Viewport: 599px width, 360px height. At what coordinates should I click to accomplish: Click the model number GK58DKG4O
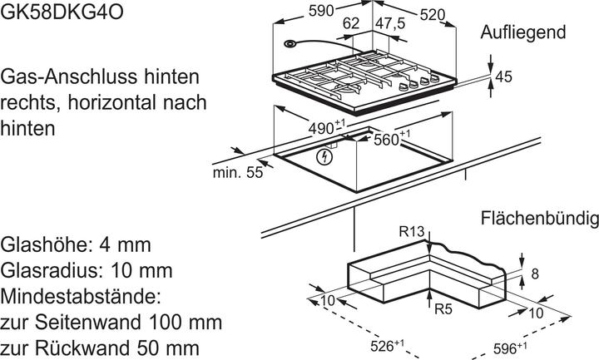[x=52, y=9]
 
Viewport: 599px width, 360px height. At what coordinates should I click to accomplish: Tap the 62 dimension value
[x=352, y=24]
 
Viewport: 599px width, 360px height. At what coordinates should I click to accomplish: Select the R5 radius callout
[x=443, y=308]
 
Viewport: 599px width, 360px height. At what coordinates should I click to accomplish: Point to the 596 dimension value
[x=506, y=345]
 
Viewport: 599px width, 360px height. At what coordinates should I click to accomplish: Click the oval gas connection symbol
[x=289, y=45]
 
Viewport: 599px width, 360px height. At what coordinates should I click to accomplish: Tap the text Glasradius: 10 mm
[x=87, y=271]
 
